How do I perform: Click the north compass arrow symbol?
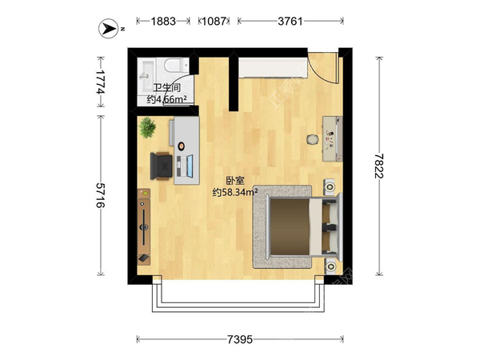(107, 29)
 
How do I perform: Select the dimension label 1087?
(214, 22)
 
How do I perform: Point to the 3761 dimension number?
(290, 22)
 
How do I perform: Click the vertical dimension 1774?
(100, 81)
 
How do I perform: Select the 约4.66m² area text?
(167, 100)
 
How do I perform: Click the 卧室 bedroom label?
(234, 181)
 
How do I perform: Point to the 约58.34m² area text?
(234, 192)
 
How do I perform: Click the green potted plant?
(148, 128)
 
